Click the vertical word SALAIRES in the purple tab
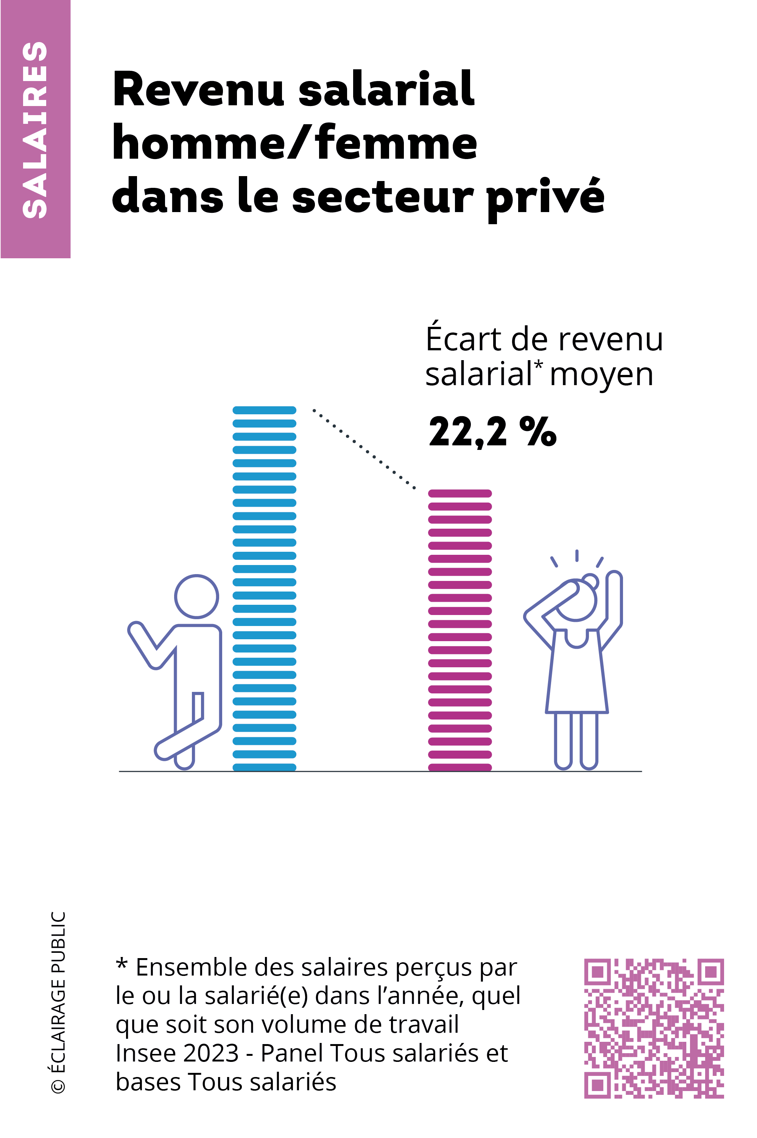pos(35,130)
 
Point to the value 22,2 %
pos(492,431)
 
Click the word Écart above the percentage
pos(463,340)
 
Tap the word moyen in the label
pos(601,375)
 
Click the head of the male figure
pos(196,596)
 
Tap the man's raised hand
pos(136,628)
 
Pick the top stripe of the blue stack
pos(264,411)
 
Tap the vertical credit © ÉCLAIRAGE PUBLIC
pos(58,1002)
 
